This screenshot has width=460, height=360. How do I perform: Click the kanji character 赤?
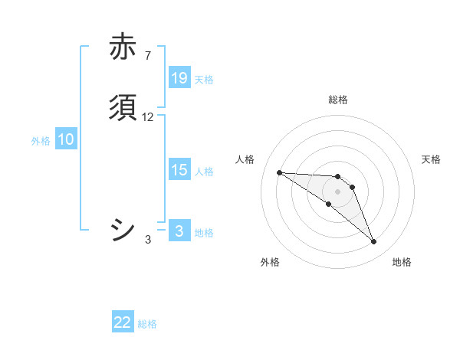123,47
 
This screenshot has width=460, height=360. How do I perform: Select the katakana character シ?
123,230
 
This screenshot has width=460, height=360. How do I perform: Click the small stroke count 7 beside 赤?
147,56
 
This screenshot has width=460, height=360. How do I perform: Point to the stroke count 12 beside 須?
148,117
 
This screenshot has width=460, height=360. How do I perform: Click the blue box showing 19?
179,78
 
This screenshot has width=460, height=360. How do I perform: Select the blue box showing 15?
179,170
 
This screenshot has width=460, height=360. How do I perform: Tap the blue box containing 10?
66,139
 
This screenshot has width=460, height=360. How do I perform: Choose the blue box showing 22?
123,322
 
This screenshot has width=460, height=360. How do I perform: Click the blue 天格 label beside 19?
204,80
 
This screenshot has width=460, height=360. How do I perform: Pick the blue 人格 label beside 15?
204,172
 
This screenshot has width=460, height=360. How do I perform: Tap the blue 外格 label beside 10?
41,141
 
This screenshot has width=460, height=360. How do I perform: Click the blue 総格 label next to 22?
147,324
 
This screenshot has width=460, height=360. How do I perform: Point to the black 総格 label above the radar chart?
338,100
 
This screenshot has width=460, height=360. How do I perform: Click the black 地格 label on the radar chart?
402,262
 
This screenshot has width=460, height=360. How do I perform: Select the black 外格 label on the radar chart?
270,262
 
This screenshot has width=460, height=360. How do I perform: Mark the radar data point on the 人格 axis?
279,172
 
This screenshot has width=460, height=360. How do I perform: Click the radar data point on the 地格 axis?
374,242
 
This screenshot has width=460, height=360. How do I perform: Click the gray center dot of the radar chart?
338,191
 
